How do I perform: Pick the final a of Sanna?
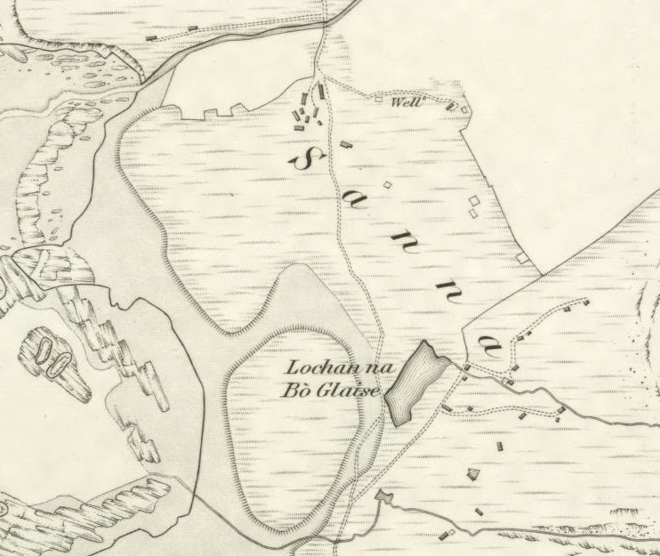tap(487, 342)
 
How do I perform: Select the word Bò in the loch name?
tap(308, 392)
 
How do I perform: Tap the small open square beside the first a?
tap(386, 185)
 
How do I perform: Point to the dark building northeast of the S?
tap(346, 142)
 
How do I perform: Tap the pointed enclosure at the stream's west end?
tap(384, 495)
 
